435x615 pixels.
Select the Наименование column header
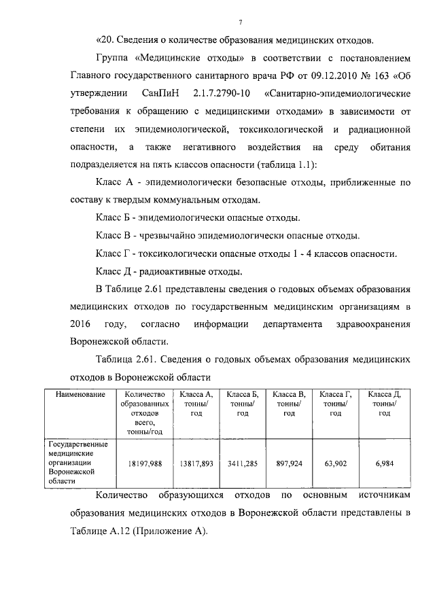(80, 395)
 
